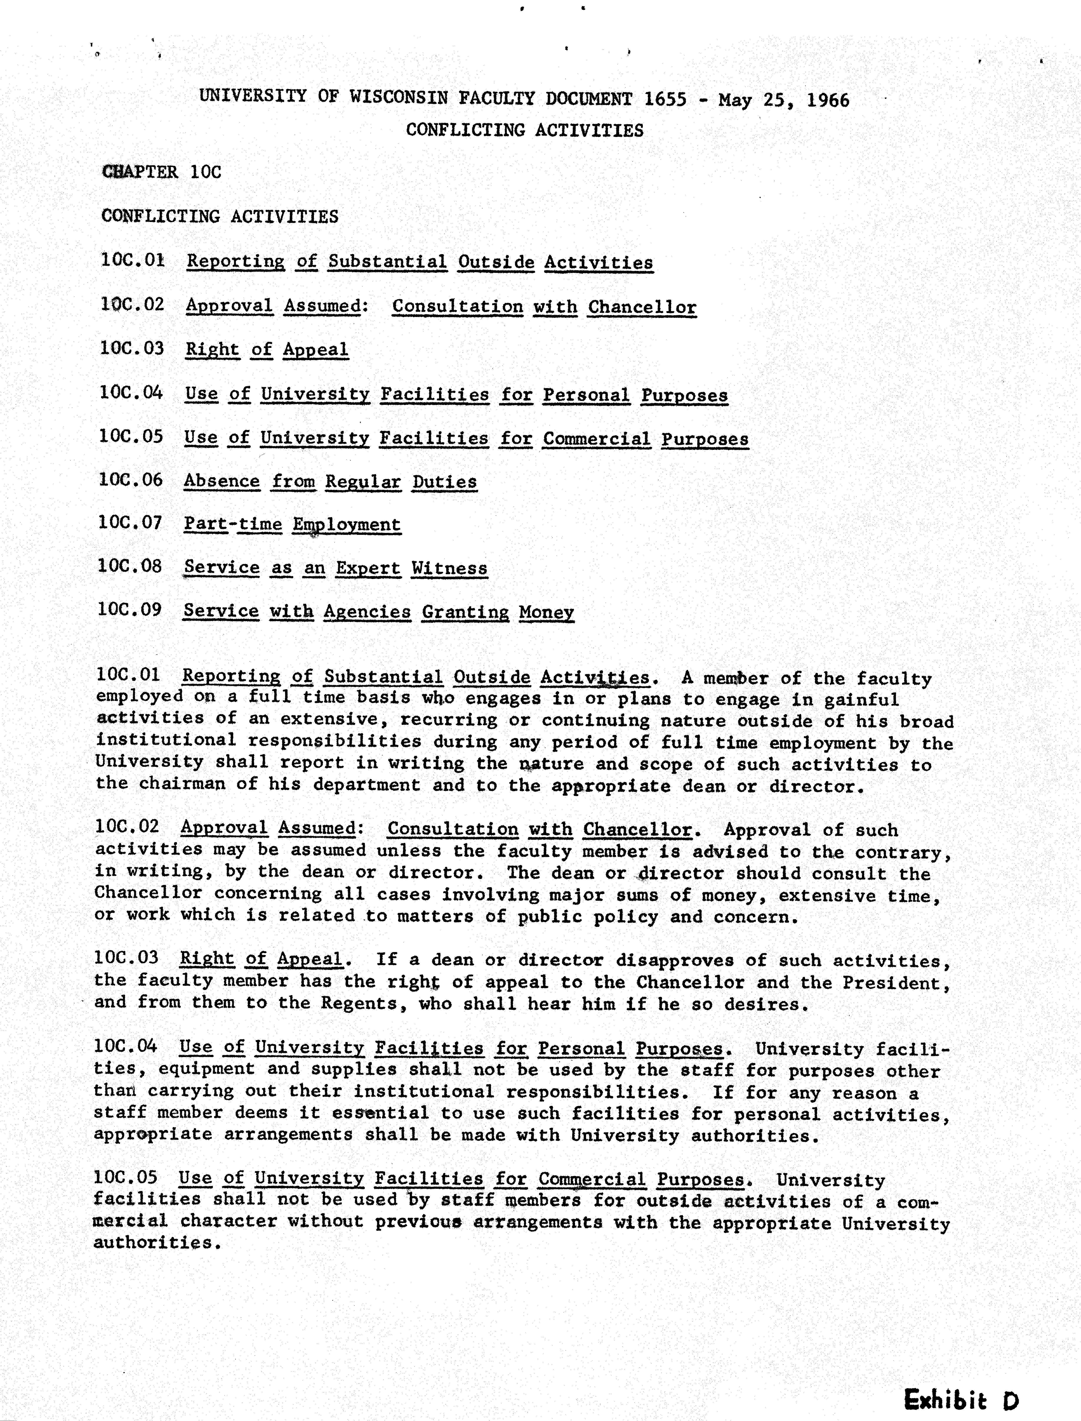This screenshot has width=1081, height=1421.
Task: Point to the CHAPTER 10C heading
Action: (x=161, y=172)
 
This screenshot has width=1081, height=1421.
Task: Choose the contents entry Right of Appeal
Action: (x=267, y=350)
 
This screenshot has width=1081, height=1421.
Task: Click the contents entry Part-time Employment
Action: (x=292, y=524)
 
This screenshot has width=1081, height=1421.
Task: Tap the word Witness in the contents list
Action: (x=449, y=568)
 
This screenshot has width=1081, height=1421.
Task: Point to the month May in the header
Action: (x=735, y=100)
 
